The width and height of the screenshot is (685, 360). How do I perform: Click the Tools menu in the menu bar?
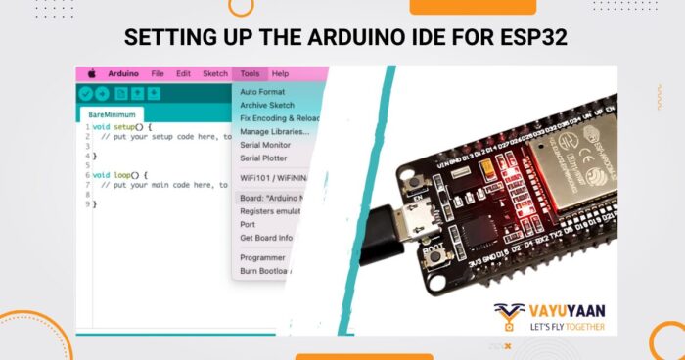pos(250,73)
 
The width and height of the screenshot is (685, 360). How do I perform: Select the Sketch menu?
pos(214,73)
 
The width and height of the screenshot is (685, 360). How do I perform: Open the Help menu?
pos(280,73)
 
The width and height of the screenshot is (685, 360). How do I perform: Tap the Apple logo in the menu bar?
pos(91,73)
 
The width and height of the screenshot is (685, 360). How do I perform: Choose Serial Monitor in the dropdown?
pos(265,144)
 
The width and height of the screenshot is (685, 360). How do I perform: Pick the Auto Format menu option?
pos(261,92)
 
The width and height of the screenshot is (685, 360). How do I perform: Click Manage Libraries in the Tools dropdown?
pos(274,131)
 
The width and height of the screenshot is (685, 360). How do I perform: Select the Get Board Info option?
pos(267,237)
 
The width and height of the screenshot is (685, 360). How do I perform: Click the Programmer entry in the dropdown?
pos(262,257)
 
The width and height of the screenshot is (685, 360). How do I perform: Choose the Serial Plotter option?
pos(263,157)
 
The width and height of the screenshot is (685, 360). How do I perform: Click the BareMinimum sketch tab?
pos(110,114)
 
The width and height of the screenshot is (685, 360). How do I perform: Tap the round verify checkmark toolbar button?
pos(87,94)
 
